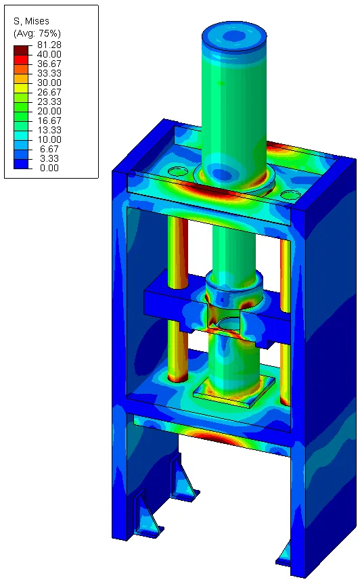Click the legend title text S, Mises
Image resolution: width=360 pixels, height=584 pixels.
pyautogui.click(x=32, y=21)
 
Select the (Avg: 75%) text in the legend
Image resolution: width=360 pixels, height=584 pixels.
pyautogui.click(x=37, y=33)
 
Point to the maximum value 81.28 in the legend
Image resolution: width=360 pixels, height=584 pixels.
pyautogui.click(x=49, y=45)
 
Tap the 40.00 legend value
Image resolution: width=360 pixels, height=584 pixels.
pyautogui.click(x=49, y=54)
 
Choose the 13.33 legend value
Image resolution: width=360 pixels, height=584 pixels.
pyautogui.click(x=49, y=125)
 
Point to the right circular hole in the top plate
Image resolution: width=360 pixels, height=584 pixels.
pyautogui.click(x=290, y=195)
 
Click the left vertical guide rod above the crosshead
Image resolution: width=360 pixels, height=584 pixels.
pyautogui.click(x=178, y=244)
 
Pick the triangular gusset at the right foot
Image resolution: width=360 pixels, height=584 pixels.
pyautogui.click(x=285, y=553)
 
